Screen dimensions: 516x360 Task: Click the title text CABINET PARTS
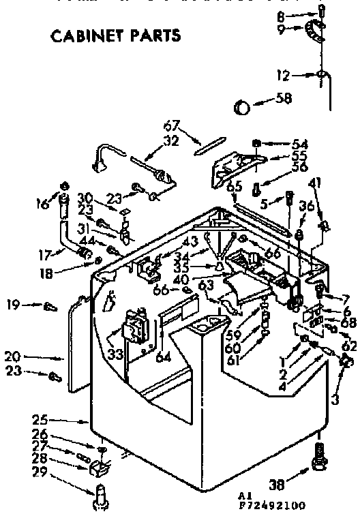(116, 35)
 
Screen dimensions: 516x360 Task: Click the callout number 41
(314, 183)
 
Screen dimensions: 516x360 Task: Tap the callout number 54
(301, 144)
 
